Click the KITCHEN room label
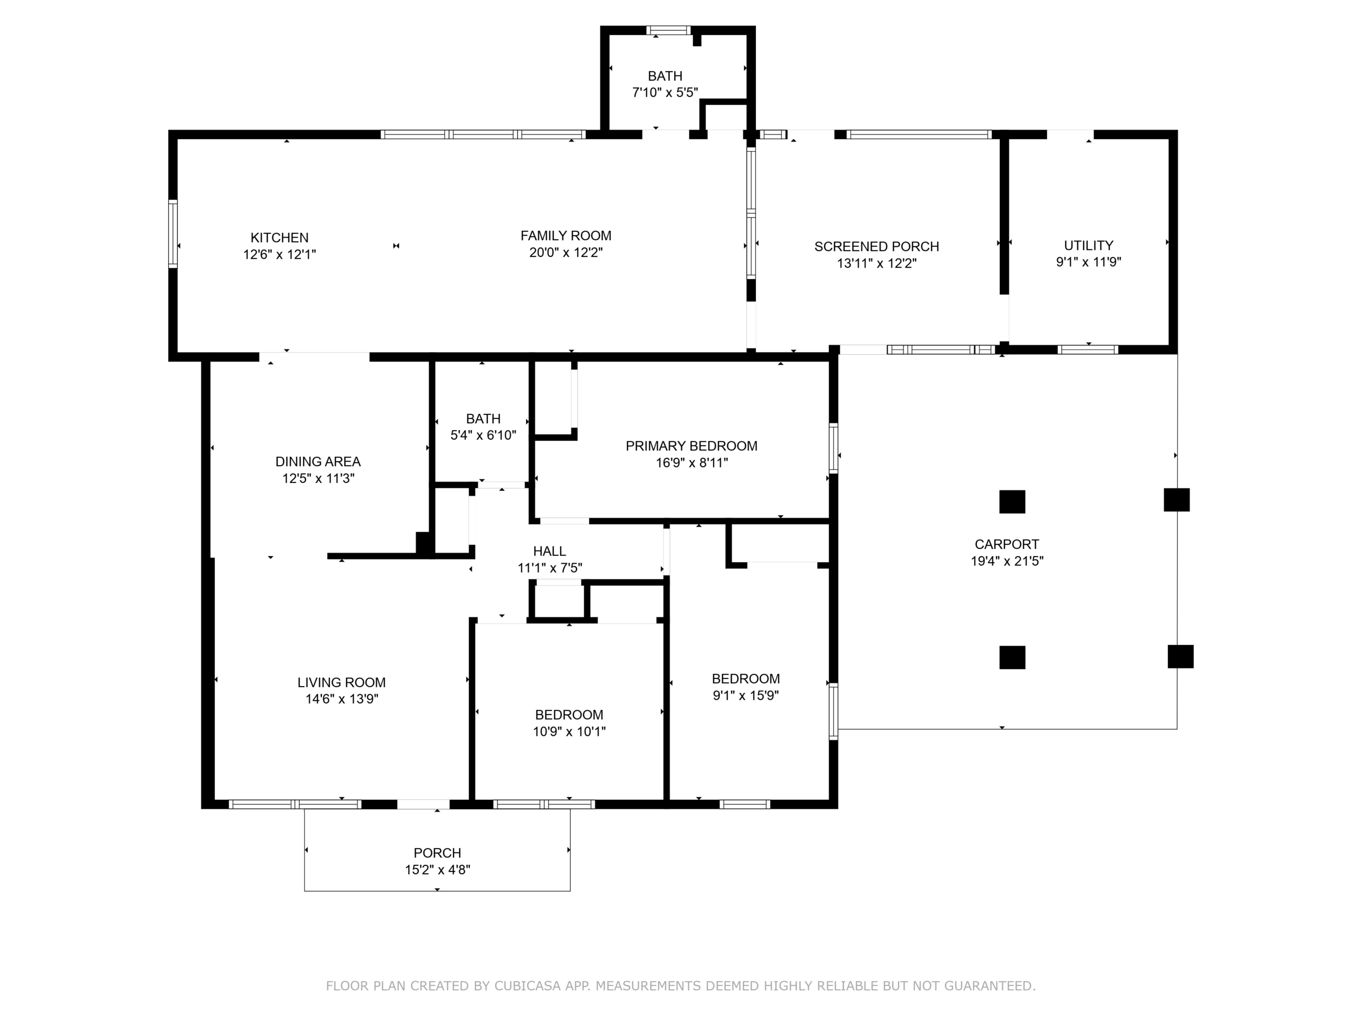tap(279, 238)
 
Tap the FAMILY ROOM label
tap(566, 236)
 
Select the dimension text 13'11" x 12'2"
tap(877, 263)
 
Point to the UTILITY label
tap(1089, 246)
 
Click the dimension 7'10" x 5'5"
tap(665, 93)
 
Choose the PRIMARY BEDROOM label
tap(692, 446)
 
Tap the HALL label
tap(549, 551)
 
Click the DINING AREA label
tap(318, 462)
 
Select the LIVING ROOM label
tap(342, 682)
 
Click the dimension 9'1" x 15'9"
tap(746, 696)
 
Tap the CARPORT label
tap(1007, 545)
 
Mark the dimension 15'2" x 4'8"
tap(437, 870)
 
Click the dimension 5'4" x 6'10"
tap(483, 436)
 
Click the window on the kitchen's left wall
tap(173, 234)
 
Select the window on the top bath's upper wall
tap(668, 30)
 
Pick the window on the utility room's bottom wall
tap(1088, 349)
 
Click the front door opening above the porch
tap(423, 804)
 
